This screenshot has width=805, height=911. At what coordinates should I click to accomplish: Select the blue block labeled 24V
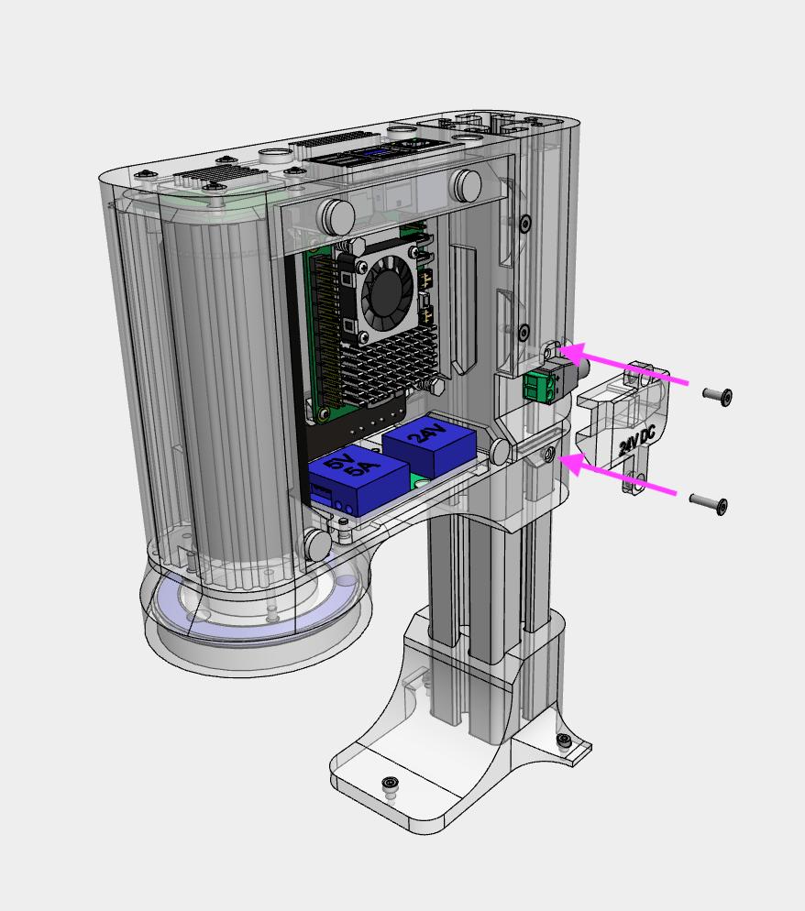(429, 445)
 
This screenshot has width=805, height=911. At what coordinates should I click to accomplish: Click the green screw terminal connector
(538, 388)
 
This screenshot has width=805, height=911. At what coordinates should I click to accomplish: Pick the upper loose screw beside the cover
(717, 396)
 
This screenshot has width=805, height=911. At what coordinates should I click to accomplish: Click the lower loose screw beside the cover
(708, 503)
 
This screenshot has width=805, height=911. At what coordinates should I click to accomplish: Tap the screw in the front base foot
(391, 784)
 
